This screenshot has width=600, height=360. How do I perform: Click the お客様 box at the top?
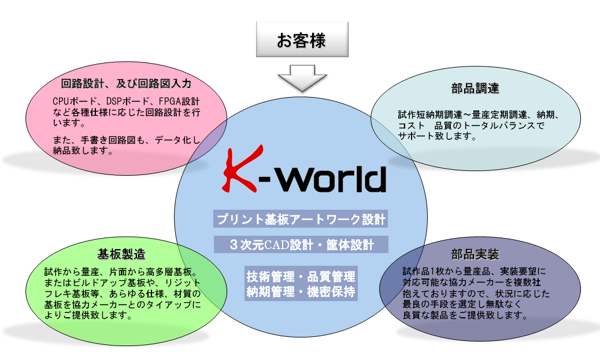[x=302, y=39]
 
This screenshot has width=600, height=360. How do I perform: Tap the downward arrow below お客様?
[x=302, y=78]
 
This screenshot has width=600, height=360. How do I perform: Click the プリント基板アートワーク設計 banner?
[x=301, y=219]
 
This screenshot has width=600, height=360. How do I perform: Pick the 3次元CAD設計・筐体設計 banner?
[x=301, y=244]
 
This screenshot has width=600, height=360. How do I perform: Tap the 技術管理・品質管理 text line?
[x=301, y=276]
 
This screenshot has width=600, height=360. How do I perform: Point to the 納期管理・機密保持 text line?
[x=301, y=291]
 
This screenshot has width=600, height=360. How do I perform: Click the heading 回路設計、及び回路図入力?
[x=126, y=83]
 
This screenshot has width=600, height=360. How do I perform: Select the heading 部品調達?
[x=475, y=88]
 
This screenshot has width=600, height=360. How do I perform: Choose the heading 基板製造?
[x=121, y=254]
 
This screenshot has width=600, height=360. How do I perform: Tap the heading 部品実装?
[x=475, y=254]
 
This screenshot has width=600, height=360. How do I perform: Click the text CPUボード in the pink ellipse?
[x=75, y=101]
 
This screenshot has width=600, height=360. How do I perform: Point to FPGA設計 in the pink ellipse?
[x=179, y=101]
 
